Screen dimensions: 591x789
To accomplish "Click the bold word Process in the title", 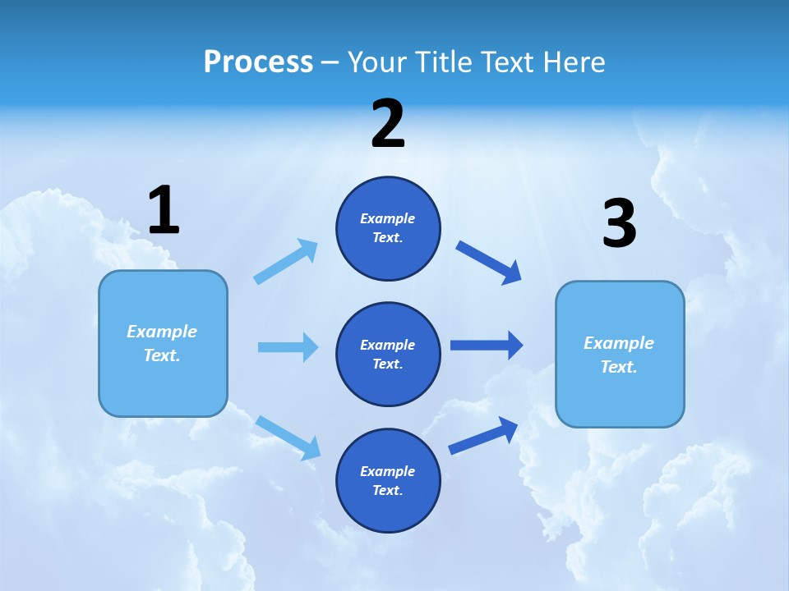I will [258, 62].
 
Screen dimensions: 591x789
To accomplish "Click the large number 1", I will [164, 211].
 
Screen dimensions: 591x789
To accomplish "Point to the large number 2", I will [388, 124].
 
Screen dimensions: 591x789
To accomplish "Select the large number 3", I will [619, 224].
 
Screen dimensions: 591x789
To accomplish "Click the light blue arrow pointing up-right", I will [286, 262].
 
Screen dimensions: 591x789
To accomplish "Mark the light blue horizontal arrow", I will [288, 347].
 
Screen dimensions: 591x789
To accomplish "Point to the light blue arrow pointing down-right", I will [288, 438].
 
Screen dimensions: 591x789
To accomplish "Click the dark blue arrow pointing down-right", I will [488, 263].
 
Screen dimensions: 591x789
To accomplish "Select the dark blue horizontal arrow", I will [487, 345].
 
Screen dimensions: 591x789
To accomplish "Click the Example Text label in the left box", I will [162, 343].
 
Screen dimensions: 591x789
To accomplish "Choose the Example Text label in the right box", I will [619, 355].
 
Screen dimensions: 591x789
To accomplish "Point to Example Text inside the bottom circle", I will [387, 480].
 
